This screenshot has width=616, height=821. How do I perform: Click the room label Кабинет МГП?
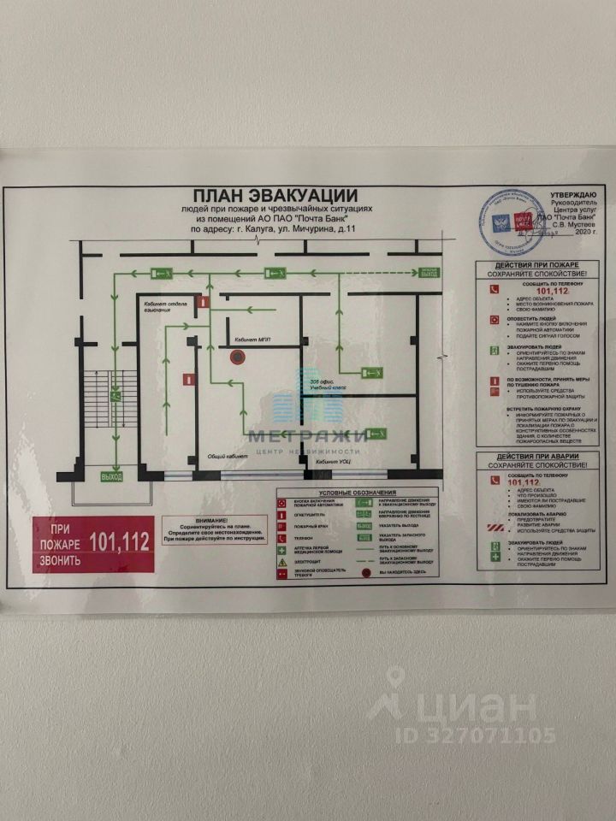[x=252, y=340]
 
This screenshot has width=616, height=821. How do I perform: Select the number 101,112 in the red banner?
[x=119, y=540]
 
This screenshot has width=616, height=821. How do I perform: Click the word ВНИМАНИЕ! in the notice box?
[x=211, y=520]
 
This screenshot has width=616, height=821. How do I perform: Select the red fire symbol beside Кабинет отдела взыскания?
[x=203, y=302]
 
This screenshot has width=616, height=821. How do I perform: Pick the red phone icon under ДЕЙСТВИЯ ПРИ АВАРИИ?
[x=493, y=482]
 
